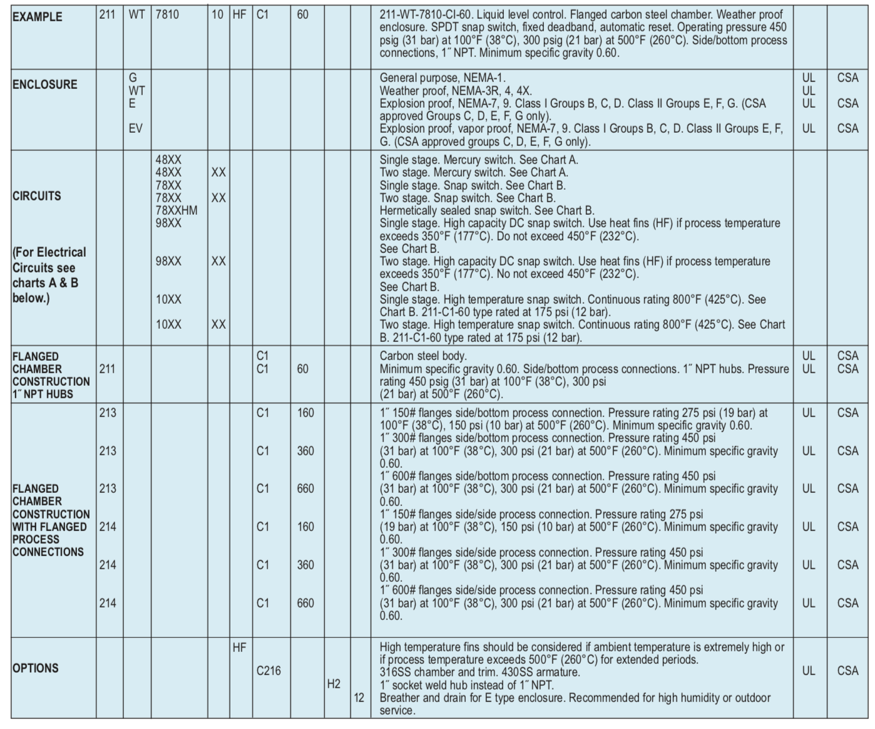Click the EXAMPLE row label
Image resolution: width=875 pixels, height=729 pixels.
pyautogui.click(x=38, y=17)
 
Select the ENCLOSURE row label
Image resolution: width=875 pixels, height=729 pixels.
pyautogui.click(x=45, y=85)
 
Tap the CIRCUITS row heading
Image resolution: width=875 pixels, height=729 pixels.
pyautogui.click(x=37, y=196)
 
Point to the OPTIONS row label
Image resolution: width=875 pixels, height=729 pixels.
pyautogui.click(x=36, y=668)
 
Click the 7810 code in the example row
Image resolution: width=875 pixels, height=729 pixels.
pyautogui.click(x=167, y=14)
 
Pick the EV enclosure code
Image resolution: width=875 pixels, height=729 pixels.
pyautogui.click(x=135, y=128)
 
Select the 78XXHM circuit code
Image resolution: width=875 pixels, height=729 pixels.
pyautogui.click(x=177, y=210)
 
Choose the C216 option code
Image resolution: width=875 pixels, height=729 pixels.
pyautogui.click(x=269, y=671)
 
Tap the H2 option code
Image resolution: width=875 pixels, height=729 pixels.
pyautogui.click(x=334, y=684)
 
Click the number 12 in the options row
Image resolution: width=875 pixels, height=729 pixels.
pyautogui.click(x=359, y=697)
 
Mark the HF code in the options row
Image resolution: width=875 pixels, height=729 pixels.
pyautogui.click(x=239, y=648)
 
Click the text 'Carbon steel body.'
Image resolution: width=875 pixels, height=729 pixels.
pyautogui.click(x=423, y=356)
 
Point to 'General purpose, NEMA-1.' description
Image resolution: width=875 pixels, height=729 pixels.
pyautogui.click(x=443, y=78)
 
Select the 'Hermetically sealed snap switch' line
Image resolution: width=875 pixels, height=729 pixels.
pyautogui.click(x=487, y=210)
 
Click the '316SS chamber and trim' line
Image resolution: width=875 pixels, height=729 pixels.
pyautogui.click(x=479, y=672)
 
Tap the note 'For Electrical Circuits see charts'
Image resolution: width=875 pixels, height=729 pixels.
pyautogui.click(x=49, y=275)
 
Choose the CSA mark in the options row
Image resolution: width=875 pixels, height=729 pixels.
pyautogui.click(x=847, y=671)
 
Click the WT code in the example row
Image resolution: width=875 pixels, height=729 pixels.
pyautogui.click(x=137, y=14)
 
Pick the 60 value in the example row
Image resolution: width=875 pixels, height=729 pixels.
pyautogui.click(x=302, y=14)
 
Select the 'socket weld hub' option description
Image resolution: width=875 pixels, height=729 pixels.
pyautogui.click(x=466, y=685)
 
